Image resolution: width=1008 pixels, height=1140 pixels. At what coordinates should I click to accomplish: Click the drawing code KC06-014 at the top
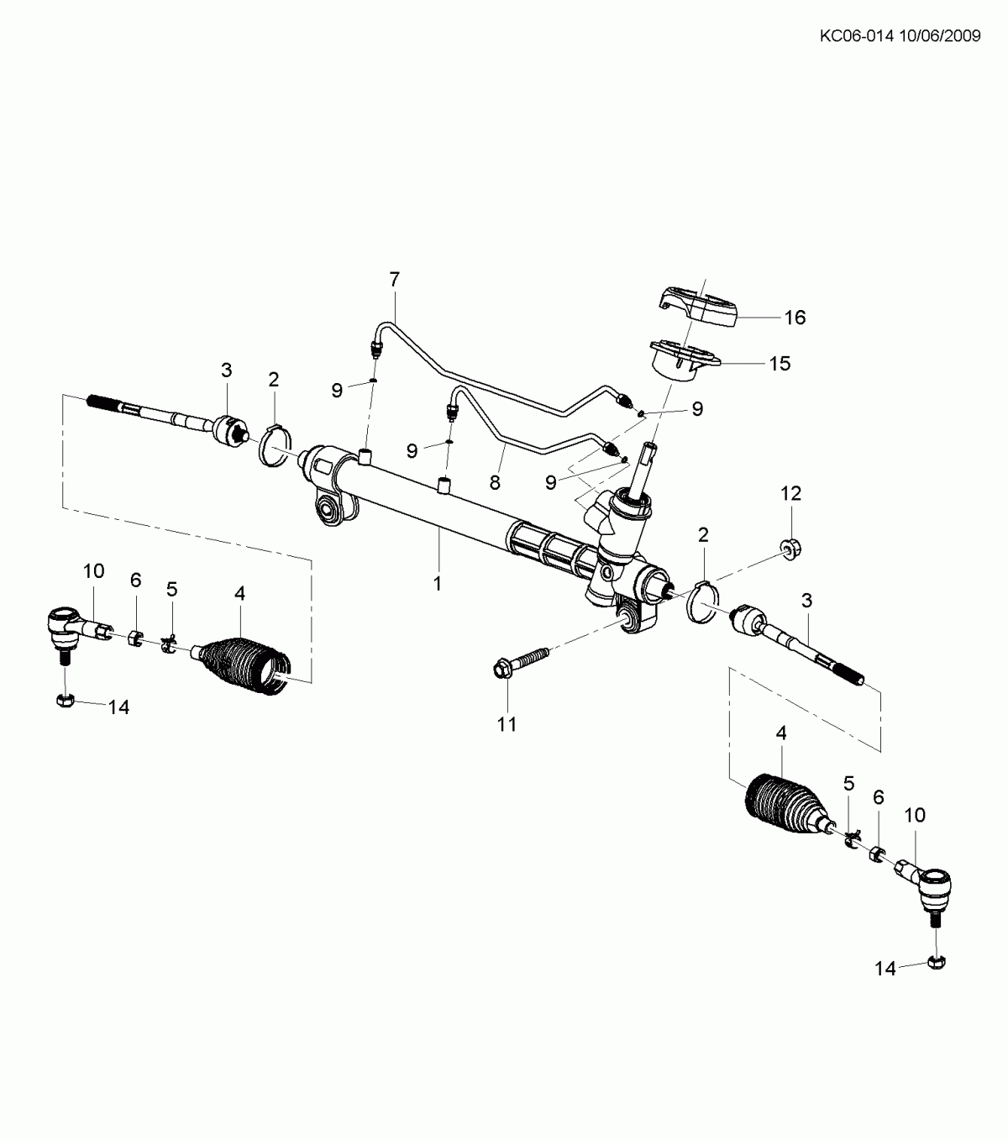tap(857, 36)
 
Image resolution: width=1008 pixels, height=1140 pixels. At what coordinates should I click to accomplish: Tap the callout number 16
tap(795, 318)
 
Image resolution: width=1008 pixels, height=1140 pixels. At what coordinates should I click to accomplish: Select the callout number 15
tap(780, 364)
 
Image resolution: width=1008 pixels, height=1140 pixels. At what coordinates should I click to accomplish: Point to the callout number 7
tap(394, 279)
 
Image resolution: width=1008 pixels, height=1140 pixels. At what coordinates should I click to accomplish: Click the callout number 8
tap(495, 482)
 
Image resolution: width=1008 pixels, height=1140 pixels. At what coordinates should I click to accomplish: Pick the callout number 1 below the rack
tap(438, 584)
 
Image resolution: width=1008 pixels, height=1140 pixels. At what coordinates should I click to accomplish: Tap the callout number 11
tap(507, 724)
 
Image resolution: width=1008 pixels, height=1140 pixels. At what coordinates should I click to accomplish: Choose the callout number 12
tap(790, 493)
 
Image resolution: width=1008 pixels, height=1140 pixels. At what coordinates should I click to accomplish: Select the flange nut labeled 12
tap(791, 546)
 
